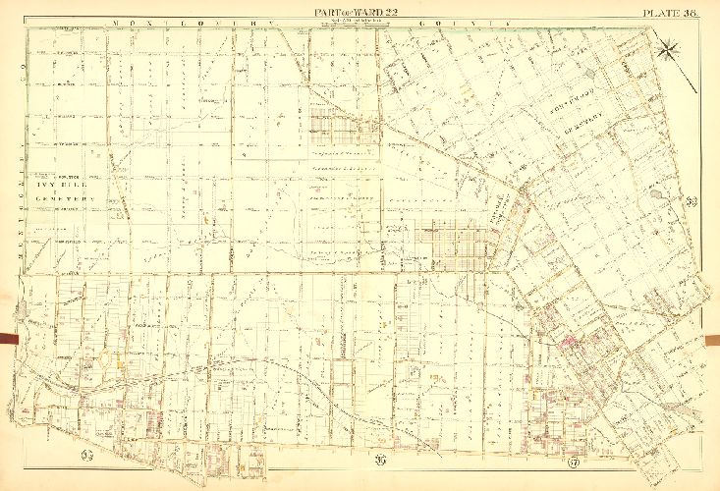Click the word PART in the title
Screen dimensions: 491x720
pyautogui.click(x=328, y=11)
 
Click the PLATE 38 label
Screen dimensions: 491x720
pyautogui.click(x=670, y=11)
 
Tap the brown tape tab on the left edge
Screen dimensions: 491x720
pyautogui.click(x=8, y=340)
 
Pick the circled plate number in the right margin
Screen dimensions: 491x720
pyautogui.click(x=692, y=202)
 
